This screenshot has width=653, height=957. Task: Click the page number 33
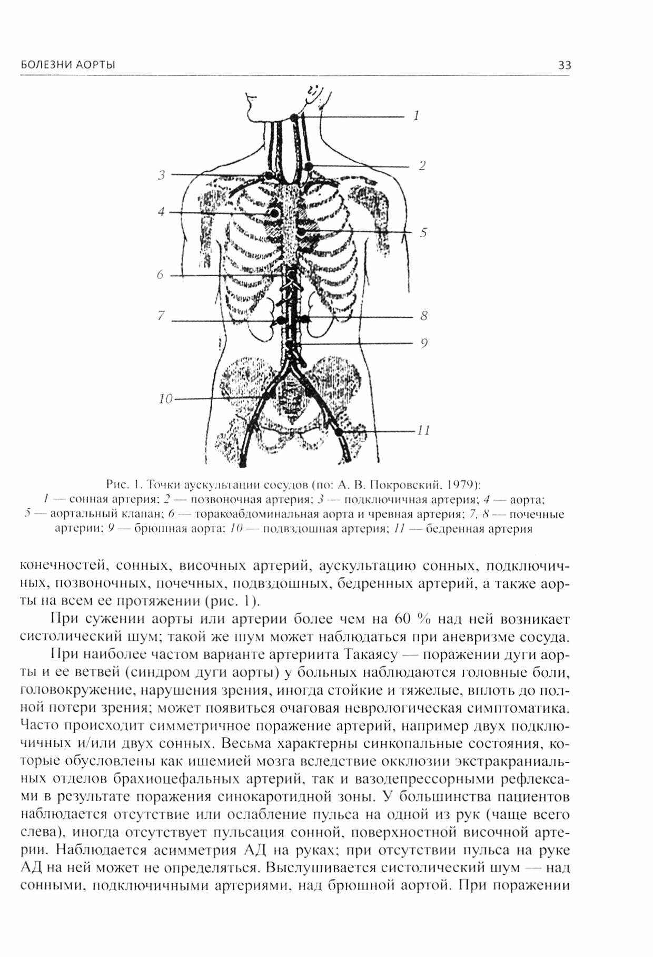pyautogui.click(x=564, y=65)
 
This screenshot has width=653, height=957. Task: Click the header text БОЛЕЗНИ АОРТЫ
pyautogui.click(x=68, y=65)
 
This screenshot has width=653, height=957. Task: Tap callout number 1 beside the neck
pyautogui.click(x=417, y=115)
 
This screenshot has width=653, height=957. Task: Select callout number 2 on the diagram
pyautogui.click(x=422, y=166)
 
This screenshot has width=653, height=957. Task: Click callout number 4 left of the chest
pyautogui.click(x=161, y=212)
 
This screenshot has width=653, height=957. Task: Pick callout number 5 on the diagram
pyautogui.click(x=423, y=232)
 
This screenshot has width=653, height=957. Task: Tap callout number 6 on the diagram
pyautogui.click(x=160, y=275)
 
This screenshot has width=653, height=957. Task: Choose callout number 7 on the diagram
pyautogui.click(x=161, y=316)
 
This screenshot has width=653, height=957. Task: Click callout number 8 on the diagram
pyautogui.click(x=424, y=316)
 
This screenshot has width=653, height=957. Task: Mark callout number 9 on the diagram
pyautogui.click(x=424, y=344)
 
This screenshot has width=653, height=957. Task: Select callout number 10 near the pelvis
pyautogui.click(x=165, y=399)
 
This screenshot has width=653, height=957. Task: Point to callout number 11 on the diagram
pyautogui.click(x=424, y=431)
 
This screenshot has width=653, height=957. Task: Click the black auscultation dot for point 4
pyautogui.click(x=274, y=213)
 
